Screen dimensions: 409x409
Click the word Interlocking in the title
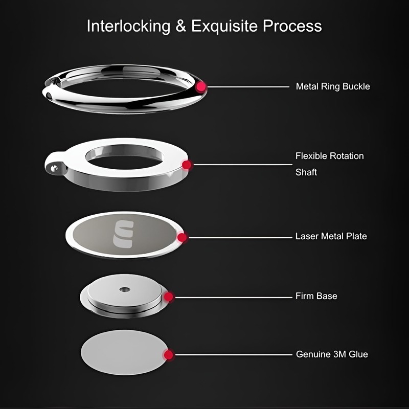click(x=128, y=26)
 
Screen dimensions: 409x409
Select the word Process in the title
click(x=292, y=26)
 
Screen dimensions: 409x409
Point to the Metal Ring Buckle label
click(x=332, y=86)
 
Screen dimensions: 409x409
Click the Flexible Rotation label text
click(x=329, y=155)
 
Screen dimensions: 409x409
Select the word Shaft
click(x=306, y=172)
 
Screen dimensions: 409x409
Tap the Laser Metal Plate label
click(x=331, y=237)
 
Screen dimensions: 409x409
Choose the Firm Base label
click(x=316, y=296)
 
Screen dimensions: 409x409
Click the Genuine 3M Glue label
click(x=332, y=354)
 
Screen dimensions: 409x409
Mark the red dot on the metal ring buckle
click(x=201, y=87)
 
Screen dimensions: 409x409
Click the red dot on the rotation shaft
click(x=187, y=165)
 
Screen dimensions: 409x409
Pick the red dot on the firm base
click(x=169, y=297)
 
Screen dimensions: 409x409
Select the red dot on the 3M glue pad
click(x=169, y=354)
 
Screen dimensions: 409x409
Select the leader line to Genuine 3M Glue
click(x=233, y=354)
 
